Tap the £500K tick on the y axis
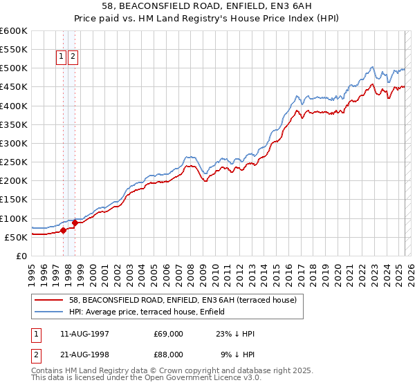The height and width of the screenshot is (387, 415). [x=14, y=68]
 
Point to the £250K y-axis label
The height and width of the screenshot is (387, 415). [x=14, y=162]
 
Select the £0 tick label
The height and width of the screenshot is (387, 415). [x=21, y=256]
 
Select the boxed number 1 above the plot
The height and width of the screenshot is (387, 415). [x=61, y=57]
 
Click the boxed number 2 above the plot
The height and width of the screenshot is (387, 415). [x=73, y=57]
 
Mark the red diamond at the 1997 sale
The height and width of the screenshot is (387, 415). [x=63, y=230]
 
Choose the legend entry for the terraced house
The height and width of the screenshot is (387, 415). [x=183, y=300]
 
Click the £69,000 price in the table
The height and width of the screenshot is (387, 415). [x=168, y=334]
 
